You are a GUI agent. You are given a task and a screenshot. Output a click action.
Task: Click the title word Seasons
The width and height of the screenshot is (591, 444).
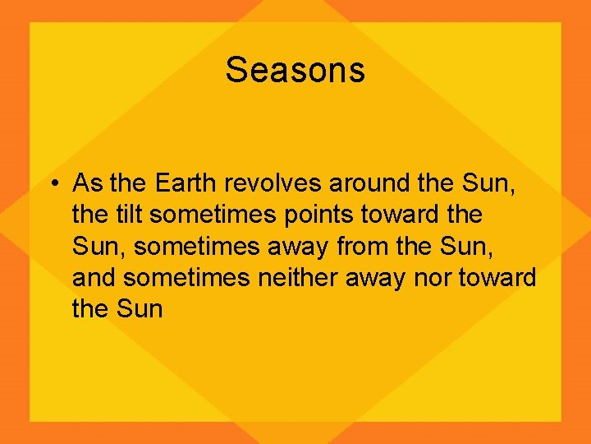[x=295, y=70]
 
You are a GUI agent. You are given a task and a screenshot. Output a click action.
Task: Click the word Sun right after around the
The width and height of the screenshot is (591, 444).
[x=488, y=183]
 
